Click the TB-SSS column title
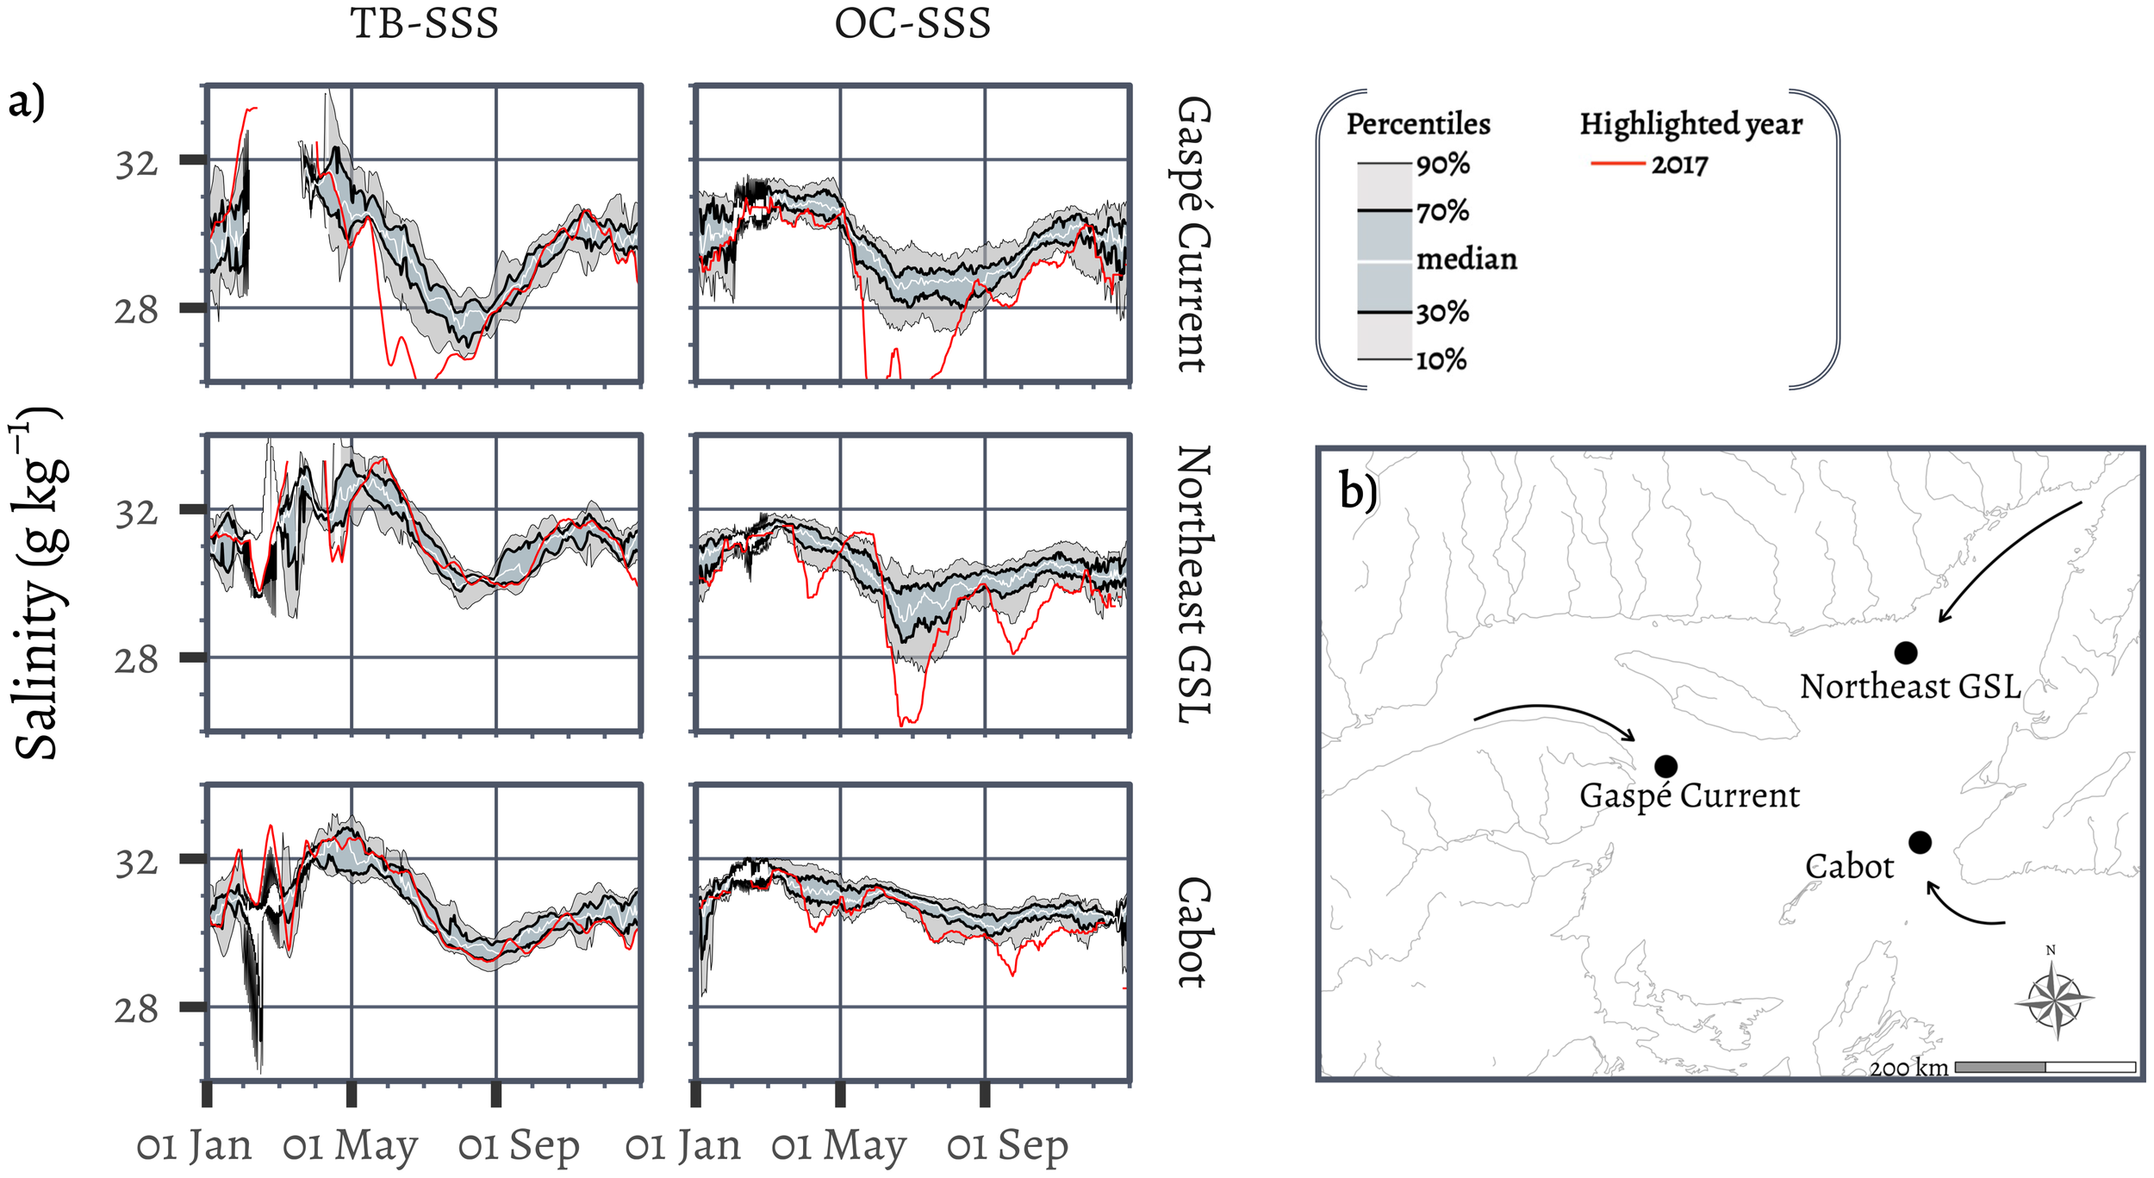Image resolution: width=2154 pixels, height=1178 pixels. tap(424, 23)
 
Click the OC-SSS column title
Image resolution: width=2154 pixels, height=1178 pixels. tap(912, 23)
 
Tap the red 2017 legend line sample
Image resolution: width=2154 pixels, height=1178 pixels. tap(1617, 163)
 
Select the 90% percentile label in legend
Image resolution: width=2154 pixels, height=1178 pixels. tap(1443, 164)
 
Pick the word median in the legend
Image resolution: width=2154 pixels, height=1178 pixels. tap(1466, 259)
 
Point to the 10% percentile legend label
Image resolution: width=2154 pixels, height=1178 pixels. tap(1441, 359)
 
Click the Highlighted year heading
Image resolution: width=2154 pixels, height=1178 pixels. tap(1690, 124)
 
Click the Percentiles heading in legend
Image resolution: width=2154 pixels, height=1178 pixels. tap(1418, 124)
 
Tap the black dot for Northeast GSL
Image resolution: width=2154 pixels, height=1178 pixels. tap(1905, 653)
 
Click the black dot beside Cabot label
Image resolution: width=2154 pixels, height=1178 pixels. tap(1920, 842)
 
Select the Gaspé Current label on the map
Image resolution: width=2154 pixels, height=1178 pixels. tap(1689, 795)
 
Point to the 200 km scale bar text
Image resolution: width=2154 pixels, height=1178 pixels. tap(1909, 1068)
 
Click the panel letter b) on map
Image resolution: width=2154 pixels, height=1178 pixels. tap(1359, 491)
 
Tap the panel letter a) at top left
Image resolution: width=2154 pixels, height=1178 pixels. tap(26, 102)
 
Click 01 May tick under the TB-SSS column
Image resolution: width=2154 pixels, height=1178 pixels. tap(350, 1146)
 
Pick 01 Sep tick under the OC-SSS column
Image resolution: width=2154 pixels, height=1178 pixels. tap(1007, 1146)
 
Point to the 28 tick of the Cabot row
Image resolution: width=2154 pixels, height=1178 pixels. tap(136, 1008)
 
